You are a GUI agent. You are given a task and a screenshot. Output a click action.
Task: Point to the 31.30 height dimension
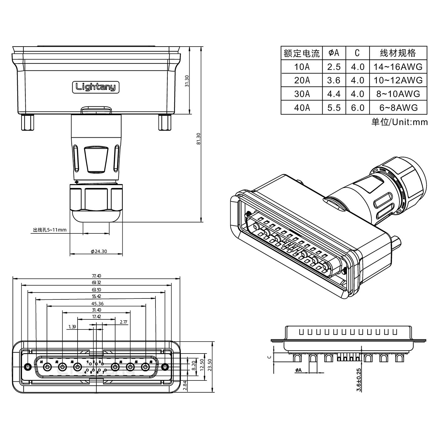(187, 81)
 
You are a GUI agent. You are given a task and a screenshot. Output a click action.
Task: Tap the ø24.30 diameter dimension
(99, 251)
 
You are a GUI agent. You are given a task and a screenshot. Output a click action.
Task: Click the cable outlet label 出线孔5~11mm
(50, 230)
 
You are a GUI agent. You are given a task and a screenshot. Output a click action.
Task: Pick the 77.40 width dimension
(96, 276)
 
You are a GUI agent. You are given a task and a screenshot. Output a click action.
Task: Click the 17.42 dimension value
(96, 317)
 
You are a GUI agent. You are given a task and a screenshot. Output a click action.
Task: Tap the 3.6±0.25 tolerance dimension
(359, 379)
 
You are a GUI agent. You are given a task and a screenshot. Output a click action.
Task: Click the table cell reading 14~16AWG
(398, 67)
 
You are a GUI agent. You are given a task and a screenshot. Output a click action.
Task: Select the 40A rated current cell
(302, 108)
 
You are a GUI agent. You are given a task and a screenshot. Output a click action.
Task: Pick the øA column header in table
(334, 53)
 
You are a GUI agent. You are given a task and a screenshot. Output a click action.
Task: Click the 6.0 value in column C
(357, 108)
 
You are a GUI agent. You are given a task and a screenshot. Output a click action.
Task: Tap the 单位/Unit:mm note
(399, 122)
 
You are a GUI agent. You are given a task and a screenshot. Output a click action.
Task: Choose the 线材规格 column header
(398, 53)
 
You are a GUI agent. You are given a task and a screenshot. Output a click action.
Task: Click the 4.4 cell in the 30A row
(334, 94)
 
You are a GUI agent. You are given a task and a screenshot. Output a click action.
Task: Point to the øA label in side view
(298, 370)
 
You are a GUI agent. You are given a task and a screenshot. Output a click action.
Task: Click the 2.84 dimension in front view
(185, 386)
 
